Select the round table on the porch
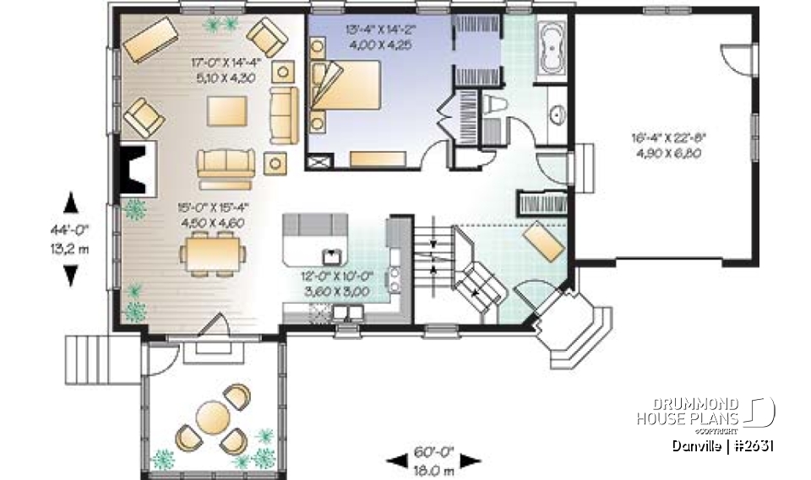[210, 415]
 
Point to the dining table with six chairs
[213, 251]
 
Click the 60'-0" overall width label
[433, 453]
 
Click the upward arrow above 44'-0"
[71, 202]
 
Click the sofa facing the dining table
[226, 165]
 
